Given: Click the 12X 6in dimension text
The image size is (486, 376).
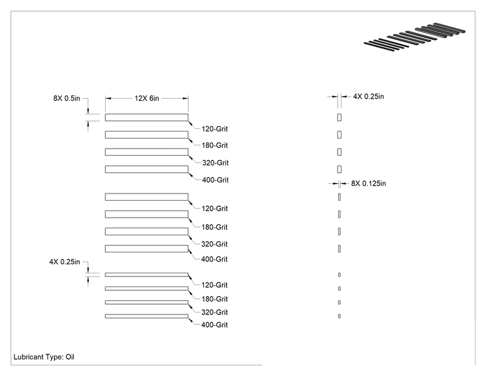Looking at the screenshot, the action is [x=146, y=98].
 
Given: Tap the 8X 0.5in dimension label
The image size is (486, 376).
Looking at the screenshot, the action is [x=67, y=98].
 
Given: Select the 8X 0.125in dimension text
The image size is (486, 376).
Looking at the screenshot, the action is [x=368, y=183].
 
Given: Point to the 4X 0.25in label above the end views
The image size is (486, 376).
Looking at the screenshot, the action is [x=368, y=97].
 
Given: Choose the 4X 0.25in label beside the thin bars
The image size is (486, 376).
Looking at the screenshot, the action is [x=65, y=262].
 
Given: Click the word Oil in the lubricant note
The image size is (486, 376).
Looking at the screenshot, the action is [x=70, y=357].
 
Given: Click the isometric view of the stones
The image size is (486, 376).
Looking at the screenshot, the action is [x=414, y=37].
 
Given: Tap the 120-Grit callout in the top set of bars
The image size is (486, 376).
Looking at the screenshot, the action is [x=214, y=129].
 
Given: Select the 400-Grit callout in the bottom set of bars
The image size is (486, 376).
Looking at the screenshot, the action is [x=214, y=325].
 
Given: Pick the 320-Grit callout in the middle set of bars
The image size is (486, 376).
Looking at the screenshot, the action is [x=214, y=244].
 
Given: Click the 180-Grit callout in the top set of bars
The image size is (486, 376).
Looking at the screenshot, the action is [x=214, y=145].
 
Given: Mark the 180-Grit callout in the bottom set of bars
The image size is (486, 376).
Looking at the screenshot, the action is [x=214, y=299].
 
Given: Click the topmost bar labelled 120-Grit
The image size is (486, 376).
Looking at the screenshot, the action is [x=146, y=117].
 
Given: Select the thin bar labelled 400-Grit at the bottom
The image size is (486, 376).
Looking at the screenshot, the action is [x=146, y=316].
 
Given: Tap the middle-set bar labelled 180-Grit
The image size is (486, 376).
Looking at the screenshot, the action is [x=146, y=214].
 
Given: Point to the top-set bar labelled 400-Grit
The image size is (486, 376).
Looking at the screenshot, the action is [x=146, y=169].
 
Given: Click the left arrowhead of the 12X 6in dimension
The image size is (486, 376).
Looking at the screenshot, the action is [x=108, y=98].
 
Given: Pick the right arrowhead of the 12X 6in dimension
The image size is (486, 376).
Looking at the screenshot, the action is [x=186, y=98].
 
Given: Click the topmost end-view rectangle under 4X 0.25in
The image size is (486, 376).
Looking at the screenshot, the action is [x=340, y=117].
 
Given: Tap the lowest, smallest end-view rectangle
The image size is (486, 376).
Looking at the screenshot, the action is [x=340, y=316].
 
